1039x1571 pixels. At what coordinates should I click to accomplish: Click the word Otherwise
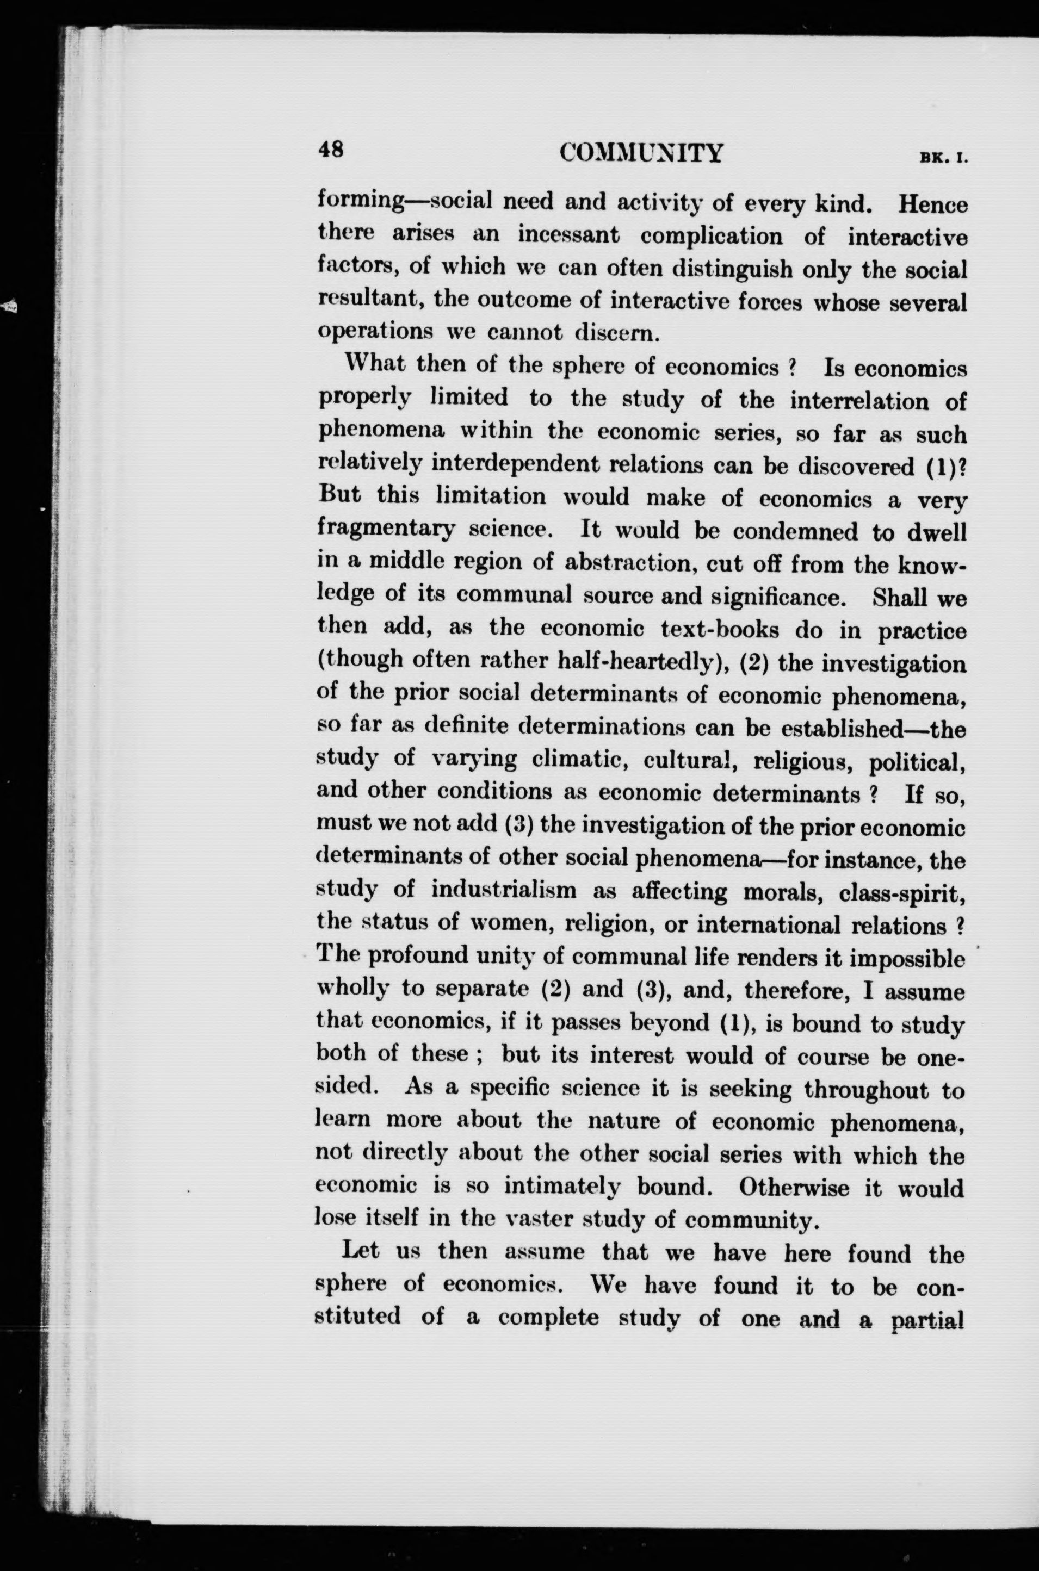point(795,1188)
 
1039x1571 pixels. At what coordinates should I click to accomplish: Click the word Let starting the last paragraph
point(360,1252)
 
